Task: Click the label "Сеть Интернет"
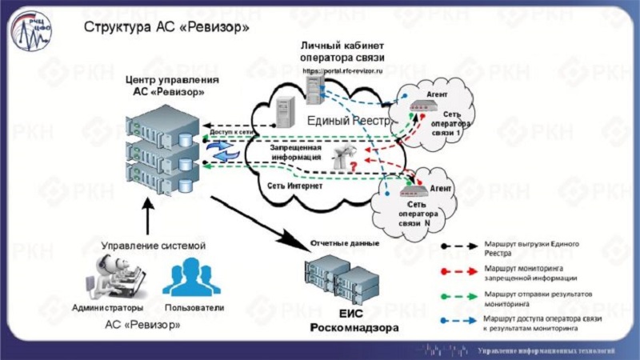(x=294, y=186)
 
